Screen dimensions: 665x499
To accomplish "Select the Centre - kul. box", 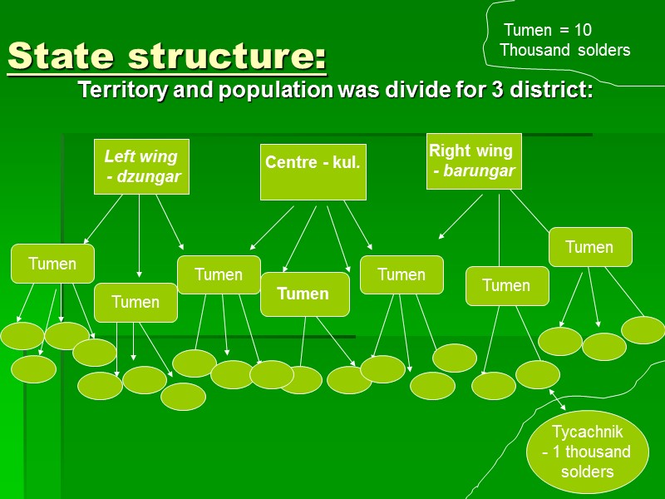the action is tap(313, 172).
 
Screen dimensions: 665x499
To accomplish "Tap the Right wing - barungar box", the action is tap(474, 161).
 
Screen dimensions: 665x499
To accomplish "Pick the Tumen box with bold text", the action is tap(303, 294).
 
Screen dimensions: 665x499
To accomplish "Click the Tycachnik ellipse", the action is tap(587, 452).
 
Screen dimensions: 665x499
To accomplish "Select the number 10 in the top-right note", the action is tap(582, 30).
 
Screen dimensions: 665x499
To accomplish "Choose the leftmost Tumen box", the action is tap(52, 264).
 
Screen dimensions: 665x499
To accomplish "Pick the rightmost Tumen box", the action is tap(589, 247).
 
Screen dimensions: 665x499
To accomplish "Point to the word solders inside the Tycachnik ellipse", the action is tap(587, 472).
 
